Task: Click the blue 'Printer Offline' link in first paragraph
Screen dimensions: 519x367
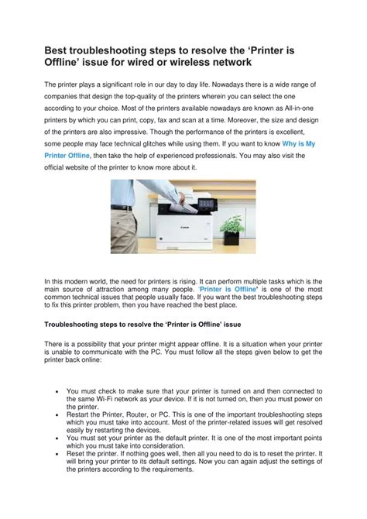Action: pos(67,156)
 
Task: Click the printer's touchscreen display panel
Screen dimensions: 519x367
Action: pos(205,203)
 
